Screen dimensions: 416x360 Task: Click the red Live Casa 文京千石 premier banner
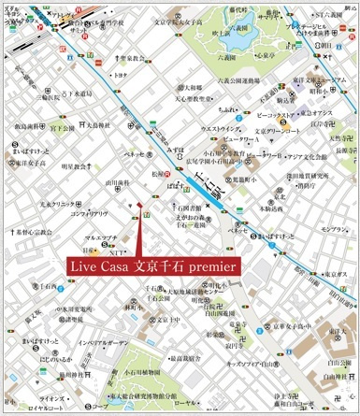pos(155,266)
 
